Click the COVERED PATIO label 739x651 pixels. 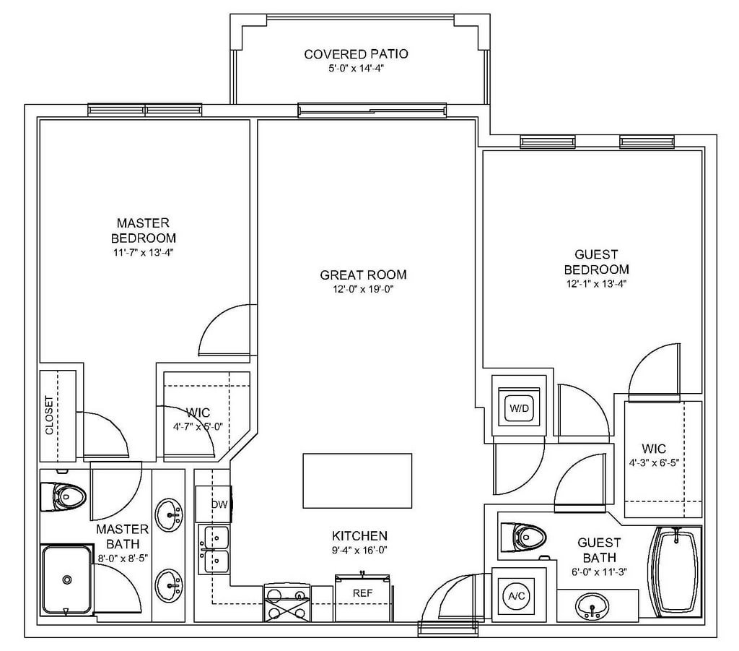click(356, 54)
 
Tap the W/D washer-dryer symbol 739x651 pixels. click(519, 408)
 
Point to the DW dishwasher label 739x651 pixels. click(219, 504)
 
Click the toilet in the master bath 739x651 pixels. click(64, 496)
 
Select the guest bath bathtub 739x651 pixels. click(675, 572)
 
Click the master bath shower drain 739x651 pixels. click(67, 579)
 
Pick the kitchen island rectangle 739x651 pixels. click(357, 482)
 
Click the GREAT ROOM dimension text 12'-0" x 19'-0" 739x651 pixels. click(363, 289)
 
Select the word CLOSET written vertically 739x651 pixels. click(49, 415)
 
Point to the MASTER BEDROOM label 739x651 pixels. click(143, 230)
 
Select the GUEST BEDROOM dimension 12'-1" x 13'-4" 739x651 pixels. click(596, 284)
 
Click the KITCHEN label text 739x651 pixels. click(359, 536)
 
